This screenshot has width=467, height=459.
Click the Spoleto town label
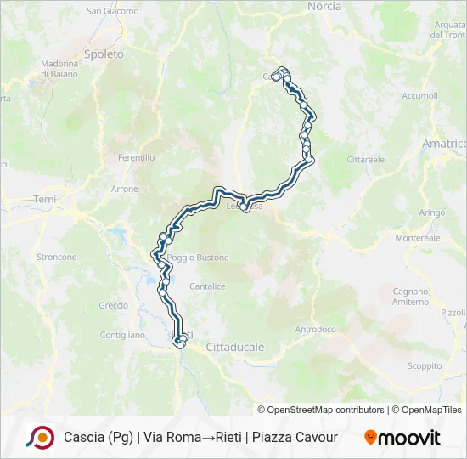(104, 54)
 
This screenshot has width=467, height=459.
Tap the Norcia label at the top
(324, 7)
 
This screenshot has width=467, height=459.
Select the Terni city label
(43, 199)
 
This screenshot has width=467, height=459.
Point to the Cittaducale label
(235, 347)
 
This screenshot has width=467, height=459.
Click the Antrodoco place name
(315, 329)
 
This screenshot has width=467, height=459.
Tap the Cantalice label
(207, 286)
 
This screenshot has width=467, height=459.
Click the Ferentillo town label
(136, 157)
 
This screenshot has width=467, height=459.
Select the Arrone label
(124, 189)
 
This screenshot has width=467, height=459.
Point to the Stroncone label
(56, 257)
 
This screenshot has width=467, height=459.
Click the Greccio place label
(113, 305)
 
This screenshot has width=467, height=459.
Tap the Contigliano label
(123, 335)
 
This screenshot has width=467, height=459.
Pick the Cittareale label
(365, 159)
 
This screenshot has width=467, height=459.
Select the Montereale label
(417, 238)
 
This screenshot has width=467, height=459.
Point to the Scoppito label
(425, 365)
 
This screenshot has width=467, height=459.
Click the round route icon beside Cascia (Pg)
(39, 438)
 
